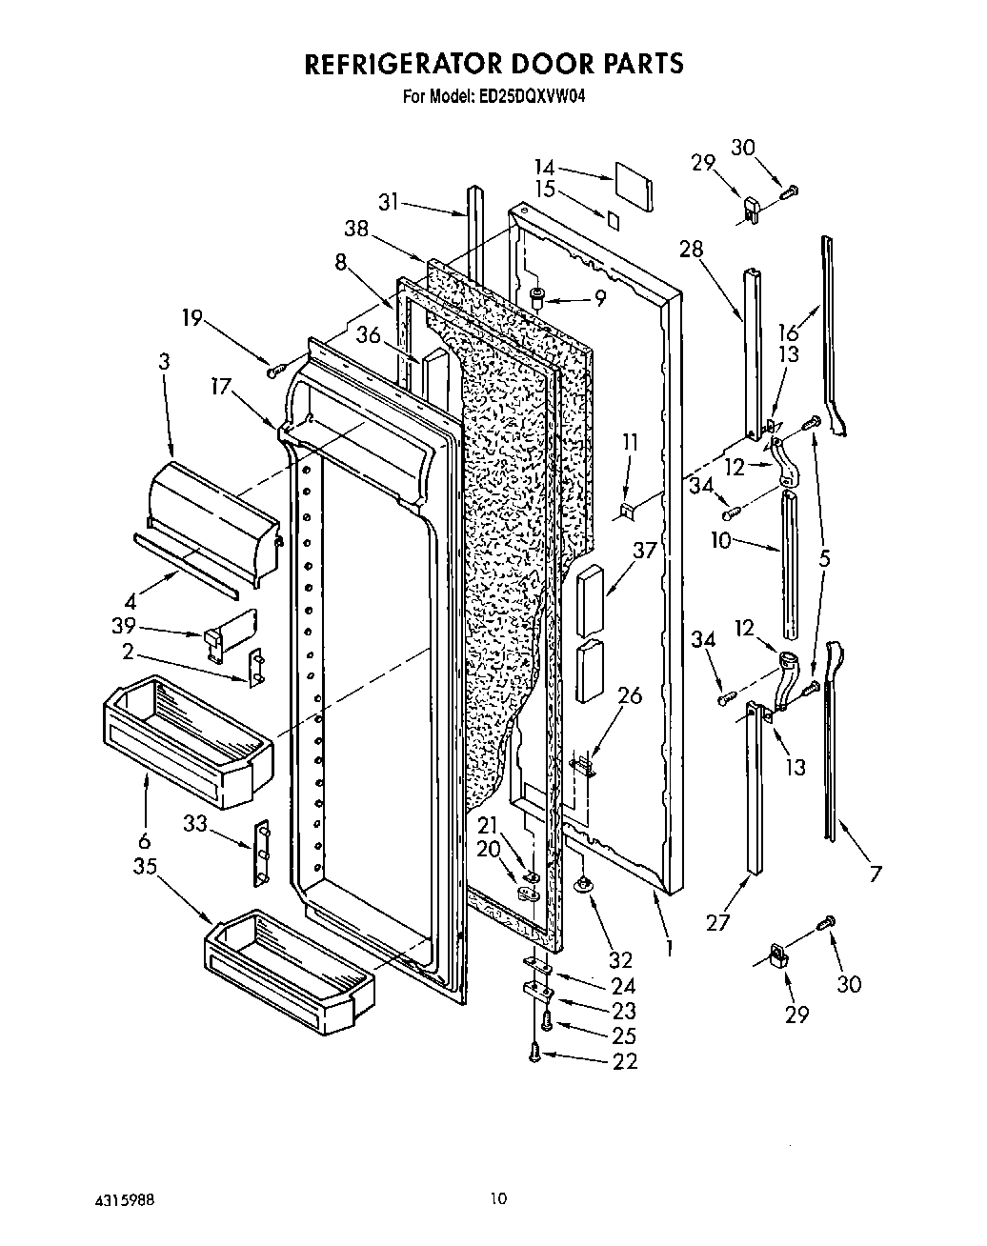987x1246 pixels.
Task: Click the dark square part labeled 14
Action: (634, 187)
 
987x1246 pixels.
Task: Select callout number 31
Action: (388, 202)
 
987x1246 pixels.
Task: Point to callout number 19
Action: (192, 317)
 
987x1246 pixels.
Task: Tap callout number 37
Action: (645, 552)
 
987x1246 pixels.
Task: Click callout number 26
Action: (629, 695)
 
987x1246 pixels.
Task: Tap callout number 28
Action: (692, 250)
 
